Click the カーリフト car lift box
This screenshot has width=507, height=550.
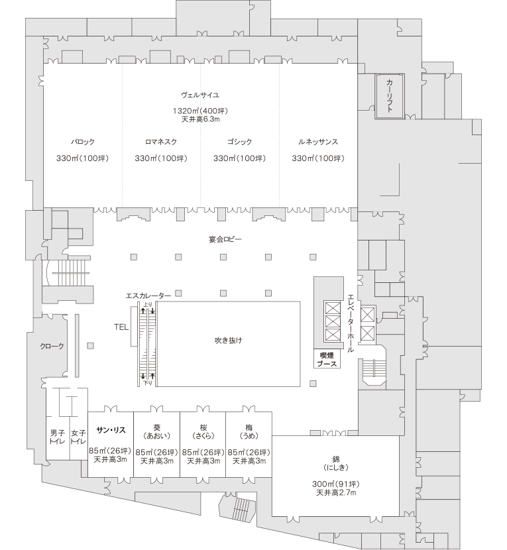click(390, 96)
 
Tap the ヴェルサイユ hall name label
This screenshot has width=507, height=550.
click(200, 95)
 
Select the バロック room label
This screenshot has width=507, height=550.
click(83, 142)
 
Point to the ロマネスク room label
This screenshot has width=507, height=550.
click(161, 142)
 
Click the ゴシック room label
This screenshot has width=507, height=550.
click(240, 142)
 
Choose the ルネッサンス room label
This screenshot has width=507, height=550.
click(318, 142)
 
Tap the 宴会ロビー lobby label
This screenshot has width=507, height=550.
click(225, 240)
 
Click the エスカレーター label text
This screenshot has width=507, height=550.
click(148, 296)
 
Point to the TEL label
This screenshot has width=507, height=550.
click(121, 327)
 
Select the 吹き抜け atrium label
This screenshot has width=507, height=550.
click(229, 340)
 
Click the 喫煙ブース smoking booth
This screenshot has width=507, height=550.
click(327, 359)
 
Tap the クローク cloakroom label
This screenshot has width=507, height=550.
click(52, 346)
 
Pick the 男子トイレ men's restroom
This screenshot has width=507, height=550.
click(58, 437)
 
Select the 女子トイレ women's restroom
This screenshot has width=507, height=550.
click(78, 437)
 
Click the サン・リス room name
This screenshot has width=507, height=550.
click(111, 430)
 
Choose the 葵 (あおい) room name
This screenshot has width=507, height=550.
click(157, 432)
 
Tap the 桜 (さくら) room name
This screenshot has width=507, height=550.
click(203, 432)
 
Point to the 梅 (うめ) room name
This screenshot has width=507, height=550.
click(249, 432)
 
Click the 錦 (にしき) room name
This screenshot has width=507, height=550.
click(336, 463)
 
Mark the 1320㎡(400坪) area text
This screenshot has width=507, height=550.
click(200, 111)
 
